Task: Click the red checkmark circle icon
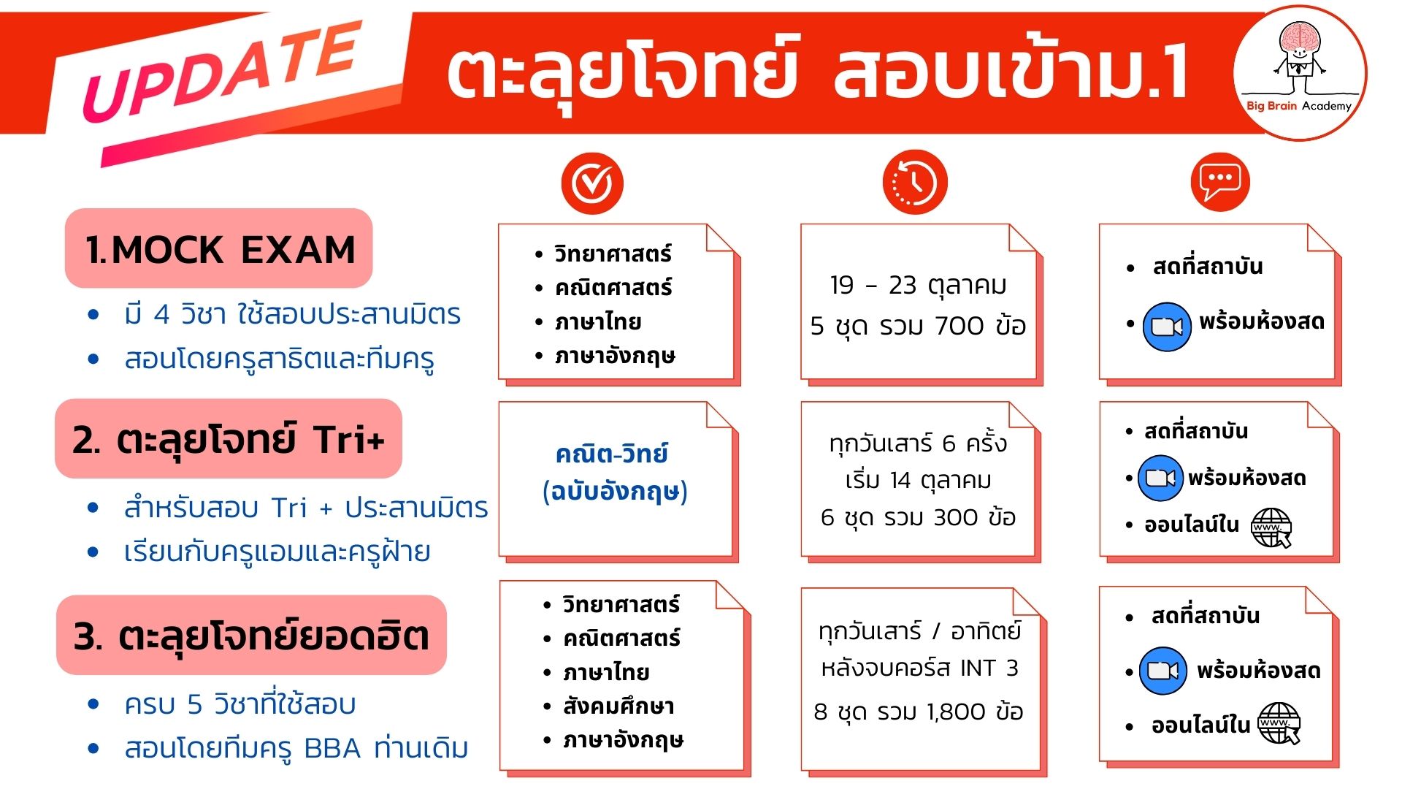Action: point(592,183)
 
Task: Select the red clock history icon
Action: point(914,183)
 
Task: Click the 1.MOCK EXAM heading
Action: point(220,250)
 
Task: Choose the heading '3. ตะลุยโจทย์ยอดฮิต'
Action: point(251,636)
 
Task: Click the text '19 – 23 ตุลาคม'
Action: point(918,286)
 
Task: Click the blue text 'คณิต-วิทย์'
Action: point(612,454)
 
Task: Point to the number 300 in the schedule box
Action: point(956,517)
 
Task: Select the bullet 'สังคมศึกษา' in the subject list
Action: point(618,706)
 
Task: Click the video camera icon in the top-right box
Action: point(1166,327)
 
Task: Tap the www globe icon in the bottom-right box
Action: point(1279,723)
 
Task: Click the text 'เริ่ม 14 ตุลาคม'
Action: point(918,481)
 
